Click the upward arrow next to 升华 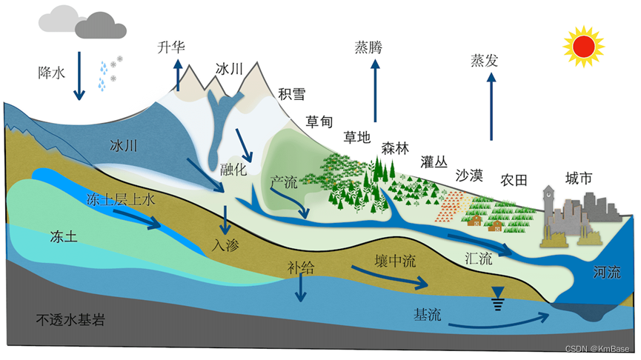(x=178, y=75)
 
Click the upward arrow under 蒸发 (x=491, y=111)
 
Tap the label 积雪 (x=292, y=95)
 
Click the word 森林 (x=395, y=147)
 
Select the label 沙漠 (x=468, y=176)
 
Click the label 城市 (x=579, y=178)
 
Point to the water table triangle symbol (x=498, y=294)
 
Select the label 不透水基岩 (x=70, y=321)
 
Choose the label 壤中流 (x=393, y=265)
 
